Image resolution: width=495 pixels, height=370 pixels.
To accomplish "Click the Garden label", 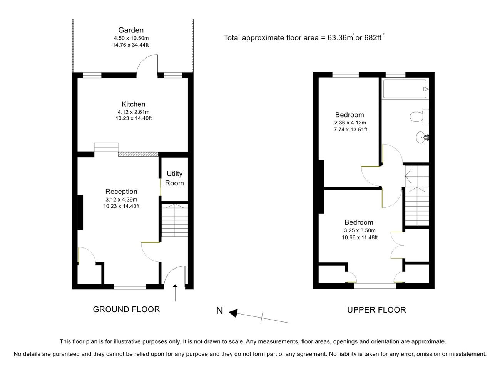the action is coord(131,30).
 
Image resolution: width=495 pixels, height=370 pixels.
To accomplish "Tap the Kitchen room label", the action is coord(133,104).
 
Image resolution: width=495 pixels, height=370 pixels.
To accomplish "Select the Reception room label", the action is coord(121,192).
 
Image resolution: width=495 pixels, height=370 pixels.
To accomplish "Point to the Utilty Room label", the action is coord(174,178).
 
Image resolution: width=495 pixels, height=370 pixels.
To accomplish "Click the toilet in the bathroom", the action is coord(419,117).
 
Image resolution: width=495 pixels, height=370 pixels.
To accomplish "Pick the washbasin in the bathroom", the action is coord(422,137).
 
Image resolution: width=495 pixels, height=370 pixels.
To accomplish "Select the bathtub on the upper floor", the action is coord(405,89).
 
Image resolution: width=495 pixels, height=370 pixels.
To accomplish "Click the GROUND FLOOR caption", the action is coord(126,309).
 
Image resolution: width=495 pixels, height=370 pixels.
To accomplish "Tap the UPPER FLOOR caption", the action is coord(376,310).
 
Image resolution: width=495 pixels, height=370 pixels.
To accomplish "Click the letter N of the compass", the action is coord(219,311).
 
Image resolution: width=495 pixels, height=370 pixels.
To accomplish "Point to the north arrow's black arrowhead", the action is coord(233,313).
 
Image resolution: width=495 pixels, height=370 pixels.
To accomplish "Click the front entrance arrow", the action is coord(175,293).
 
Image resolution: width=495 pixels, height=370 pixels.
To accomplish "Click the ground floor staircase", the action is coord(175,220).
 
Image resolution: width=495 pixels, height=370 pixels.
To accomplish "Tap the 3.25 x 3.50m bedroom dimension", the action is coord(360,230).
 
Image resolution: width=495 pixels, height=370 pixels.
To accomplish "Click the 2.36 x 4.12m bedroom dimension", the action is coord(350,123).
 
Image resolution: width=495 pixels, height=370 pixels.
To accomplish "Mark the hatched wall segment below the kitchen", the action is coord(138,154).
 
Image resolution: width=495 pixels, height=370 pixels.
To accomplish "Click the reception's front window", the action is coord(130,287).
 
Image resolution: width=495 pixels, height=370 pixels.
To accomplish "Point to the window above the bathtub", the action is coord(395,75).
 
